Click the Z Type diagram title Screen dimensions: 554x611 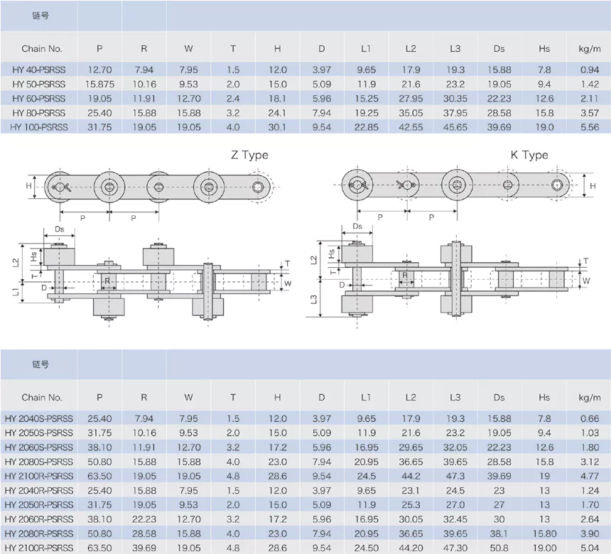pyautogui.click(x=249, y=155)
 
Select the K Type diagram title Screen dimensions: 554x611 pyautogui.click(x=529, y=155)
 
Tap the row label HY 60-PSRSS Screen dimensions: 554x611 pyautogui.click(x=38, y=98)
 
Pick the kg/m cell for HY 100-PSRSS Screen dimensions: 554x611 pyautogui.click(x=590, y=126)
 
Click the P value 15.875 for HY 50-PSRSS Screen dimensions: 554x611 pyautogui.click(x=99, y=84)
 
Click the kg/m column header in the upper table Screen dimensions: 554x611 pyautogui.click(x=590, y=49)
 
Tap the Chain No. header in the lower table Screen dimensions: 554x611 pyautogui.click(x=42, y=398)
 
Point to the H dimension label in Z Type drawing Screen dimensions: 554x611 pyautogui.click(x=29, y=186)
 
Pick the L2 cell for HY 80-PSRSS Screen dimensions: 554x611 pyautogui.click(x=411, y=112)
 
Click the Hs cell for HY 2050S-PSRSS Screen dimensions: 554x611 pyautogui.click(x=544, y=433)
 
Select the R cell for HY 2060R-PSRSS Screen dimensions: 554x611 pyautogui.click(x=144, y=518)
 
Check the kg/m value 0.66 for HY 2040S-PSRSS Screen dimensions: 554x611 pyautogui.click(x=590, y=418)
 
